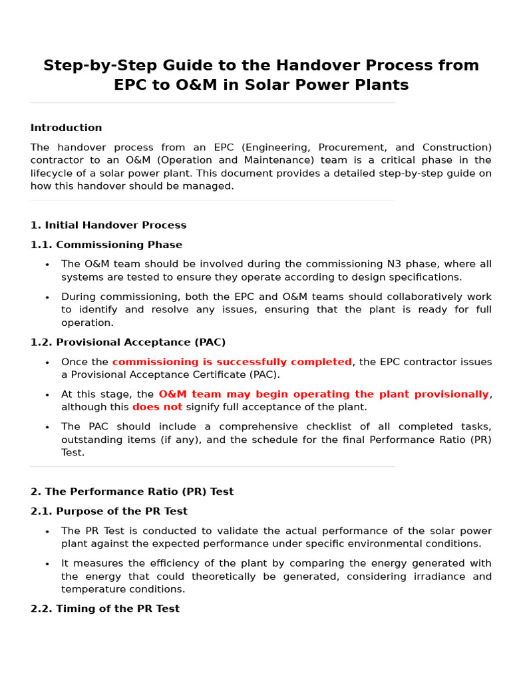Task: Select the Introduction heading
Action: click(66, 128)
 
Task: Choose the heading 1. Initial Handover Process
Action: click(108, 225)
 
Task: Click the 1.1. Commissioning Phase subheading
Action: click(106, 245)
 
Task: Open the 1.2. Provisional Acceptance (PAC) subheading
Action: click(128, 342)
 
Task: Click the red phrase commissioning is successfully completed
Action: click(232, 362)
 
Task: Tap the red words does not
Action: click(157, 407)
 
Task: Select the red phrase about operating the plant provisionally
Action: click(323, 394)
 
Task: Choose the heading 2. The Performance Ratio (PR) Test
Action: click(132, 492)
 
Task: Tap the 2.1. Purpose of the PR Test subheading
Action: click(109, 511)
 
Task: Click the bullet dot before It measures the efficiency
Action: click(47, 564)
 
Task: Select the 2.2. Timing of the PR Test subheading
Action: click(105, 609)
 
